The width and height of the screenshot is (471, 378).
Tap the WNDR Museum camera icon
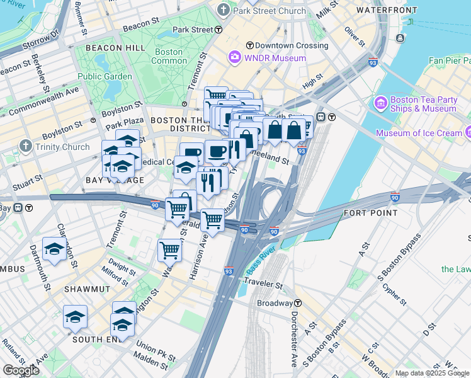tap(235, 58)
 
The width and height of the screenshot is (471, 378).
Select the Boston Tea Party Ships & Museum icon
tap(380, 103)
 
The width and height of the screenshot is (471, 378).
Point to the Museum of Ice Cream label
tap(419, 133)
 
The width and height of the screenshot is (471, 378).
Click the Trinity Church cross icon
tap(25, 147)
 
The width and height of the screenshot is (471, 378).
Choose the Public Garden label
tap(105, 76)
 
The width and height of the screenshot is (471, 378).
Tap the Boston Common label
tap(168, 56)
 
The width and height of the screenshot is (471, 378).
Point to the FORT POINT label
tap(370, 213)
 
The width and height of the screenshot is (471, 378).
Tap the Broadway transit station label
tap(274, 303)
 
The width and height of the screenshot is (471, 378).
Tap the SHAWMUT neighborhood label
tap(87, 289)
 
